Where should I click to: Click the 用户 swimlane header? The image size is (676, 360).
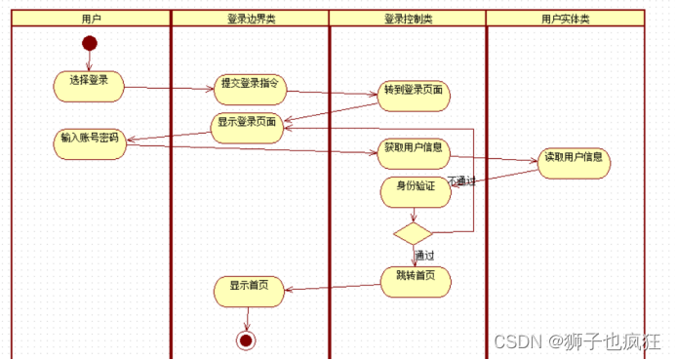pyautogui.click(x=90, y=19)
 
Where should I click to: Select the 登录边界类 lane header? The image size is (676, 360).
pyautogui.click(x=250, y=19)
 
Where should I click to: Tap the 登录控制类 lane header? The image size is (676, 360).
pyautogui.click(x=408, y=19)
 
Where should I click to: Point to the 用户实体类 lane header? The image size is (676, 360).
pyautogui.click(x=566, y=19)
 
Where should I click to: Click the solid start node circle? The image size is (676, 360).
pyautogui.click(x=90, y=43)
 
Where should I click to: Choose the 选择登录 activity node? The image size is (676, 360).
pyautogui.click(x=89, y=85)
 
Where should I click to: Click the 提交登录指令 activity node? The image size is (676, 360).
pyautogui.click(x=250, y=89)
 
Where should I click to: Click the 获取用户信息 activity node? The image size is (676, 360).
pyautogui.click(x=414, y=151)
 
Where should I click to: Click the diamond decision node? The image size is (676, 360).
pyautogui.click(x=412, y=233)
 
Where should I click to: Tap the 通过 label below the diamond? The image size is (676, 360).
pyautogui.click(x=424, y=256)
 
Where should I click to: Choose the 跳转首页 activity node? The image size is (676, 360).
pyautogui.click(x=416, y=279)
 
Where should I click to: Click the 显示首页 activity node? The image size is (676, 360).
pyautogui.click(x=249, y=290)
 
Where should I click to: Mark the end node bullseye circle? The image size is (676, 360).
pyautogui.click(x=246, y=340)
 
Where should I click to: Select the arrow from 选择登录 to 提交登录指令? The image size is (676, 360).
pyautogui.click(x=169, y=89)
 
